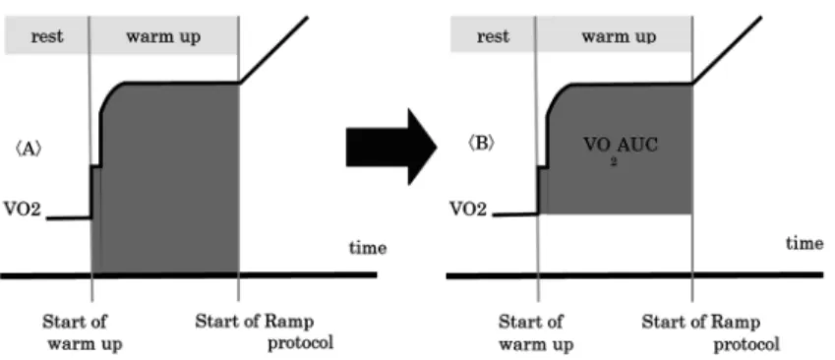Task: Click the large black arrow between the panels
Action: (391, 147)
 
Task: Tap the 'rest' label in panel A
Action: (47, 36)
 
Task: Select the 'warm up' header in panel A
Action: (163, 37)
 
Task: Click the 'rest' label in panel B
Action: (493, 36)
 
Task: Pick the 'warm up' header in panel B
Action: (619, 37)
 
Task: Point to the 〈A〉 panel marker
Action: (28, 150)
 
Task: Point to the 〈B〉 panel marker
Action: (481, 145)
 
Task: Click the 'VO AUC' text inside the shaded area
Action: (620, 145)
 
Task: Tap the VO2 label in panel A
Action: (22, 209)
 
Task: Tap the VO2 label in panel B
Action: (468, 209)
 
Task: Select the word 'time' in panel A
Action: (368, 248)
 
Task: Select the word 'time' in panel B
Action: (805, 243)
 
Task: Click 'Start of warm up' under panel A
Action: (82, 332)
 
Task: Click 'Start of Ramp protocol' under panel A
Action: (265, 331)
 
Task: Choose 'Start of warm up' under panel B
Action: (535, 332)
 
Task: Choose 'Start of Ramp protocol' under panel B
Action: (710, 332)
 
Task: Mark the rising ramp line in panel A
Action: (273, 49)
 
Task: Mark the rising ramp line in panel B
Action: (727, 50)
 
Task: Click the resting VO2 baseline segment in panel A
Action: (69, 217)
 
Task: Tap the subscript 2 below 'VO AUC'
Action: (614, 162)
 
